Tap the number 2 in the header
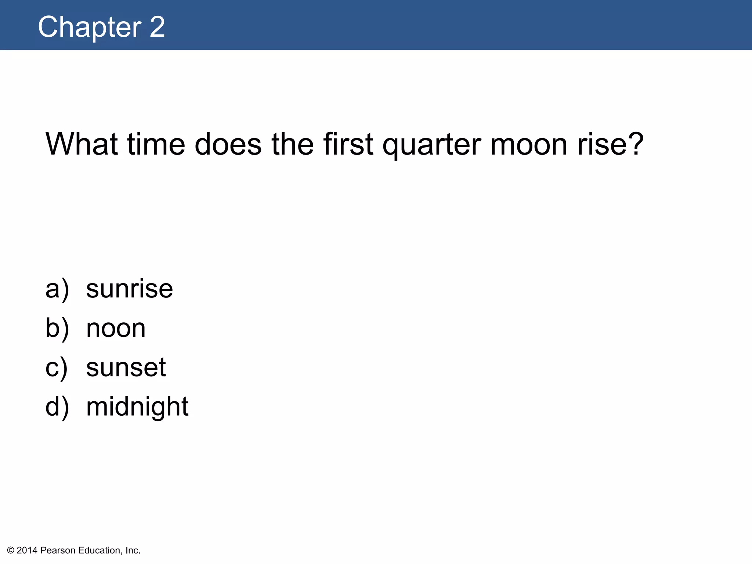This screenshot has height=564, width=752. click(x=157, y=27)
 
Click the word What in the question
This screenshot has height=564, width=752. click(x=81, y=144)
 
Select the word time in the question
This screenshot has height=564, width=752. click(x=156, y=144)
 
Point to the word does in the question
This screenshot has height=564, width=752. click(x=228, y=144)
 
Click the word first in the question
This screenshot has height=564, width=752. click(x=348, y=144)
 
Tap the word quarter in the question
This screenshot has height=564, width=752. click(x=431, y=145)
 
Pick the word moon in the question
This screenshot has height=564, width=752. click(x=529, y=144)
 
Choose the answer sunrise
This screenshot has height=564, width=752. click(x=129, y=289)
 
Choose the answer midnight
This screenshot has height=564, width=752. click(x=137, y=407)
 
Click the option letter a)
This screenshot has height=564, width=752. click(x=57, y=289)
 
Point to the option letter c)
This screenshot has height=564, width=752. click(x=56, y=368)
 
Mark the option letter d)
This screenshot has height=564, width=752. click(x=57, y=407)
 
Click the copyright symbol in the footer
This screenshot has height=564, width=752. click(x=11, y=550)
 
